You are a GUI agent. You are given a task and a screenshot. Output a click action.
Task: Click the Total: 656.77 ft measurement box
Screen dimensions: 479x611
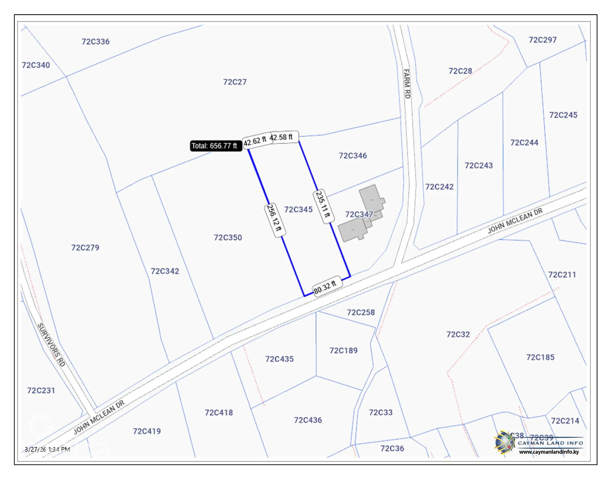click(216, 146)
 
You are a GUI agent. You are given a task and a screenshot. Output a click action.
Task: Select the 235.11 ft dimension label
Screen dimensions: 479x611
click(323, 207)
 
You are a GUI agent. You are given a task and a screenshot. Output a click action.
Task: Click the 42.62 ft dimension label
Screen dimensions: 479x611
click(256, 140)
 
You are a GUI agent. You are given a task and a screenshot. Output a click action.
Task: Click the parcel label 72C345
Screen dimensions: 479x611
click(298, 210)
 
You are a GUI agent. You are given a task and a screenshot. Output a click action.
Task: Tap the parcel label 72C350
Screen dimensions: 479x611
click(228, 238)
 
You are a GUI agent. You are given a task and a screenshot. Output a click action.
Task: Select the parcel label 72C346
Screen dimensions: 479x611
click(353, 156)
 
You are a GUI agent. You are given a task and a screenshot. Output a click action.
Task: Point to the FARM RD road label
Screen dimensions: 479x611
click(407, 84)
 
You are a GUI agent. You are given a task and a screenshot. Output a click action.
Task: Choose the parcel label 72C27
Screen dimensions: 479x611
click(235, 82)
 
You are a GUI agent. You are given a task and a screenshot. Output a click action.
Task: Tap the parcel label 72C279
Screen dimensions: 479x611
click(85, 248)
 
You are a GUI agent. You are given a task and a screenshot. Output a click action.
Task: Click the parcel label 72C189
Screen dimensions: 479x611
click(344, 351)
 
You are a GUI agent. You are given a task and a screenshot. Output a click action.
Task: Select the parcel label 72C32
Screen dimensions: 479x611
click(458, 334)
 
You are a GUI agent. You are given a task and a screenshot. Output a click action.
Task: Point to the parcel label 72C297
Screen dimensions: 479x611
click(543, 40)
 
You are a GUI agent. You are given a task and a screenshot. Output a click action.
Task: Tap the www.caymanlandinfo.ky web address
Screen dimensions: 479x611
click(549, 452)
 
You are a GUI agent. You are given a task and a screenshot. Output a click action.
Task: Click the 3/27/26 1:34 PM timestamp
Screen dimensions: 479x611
click(47, 449)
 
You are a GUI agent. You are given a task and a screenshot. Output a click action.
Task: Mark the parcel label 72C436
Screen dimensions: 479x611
click(308, 420)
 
